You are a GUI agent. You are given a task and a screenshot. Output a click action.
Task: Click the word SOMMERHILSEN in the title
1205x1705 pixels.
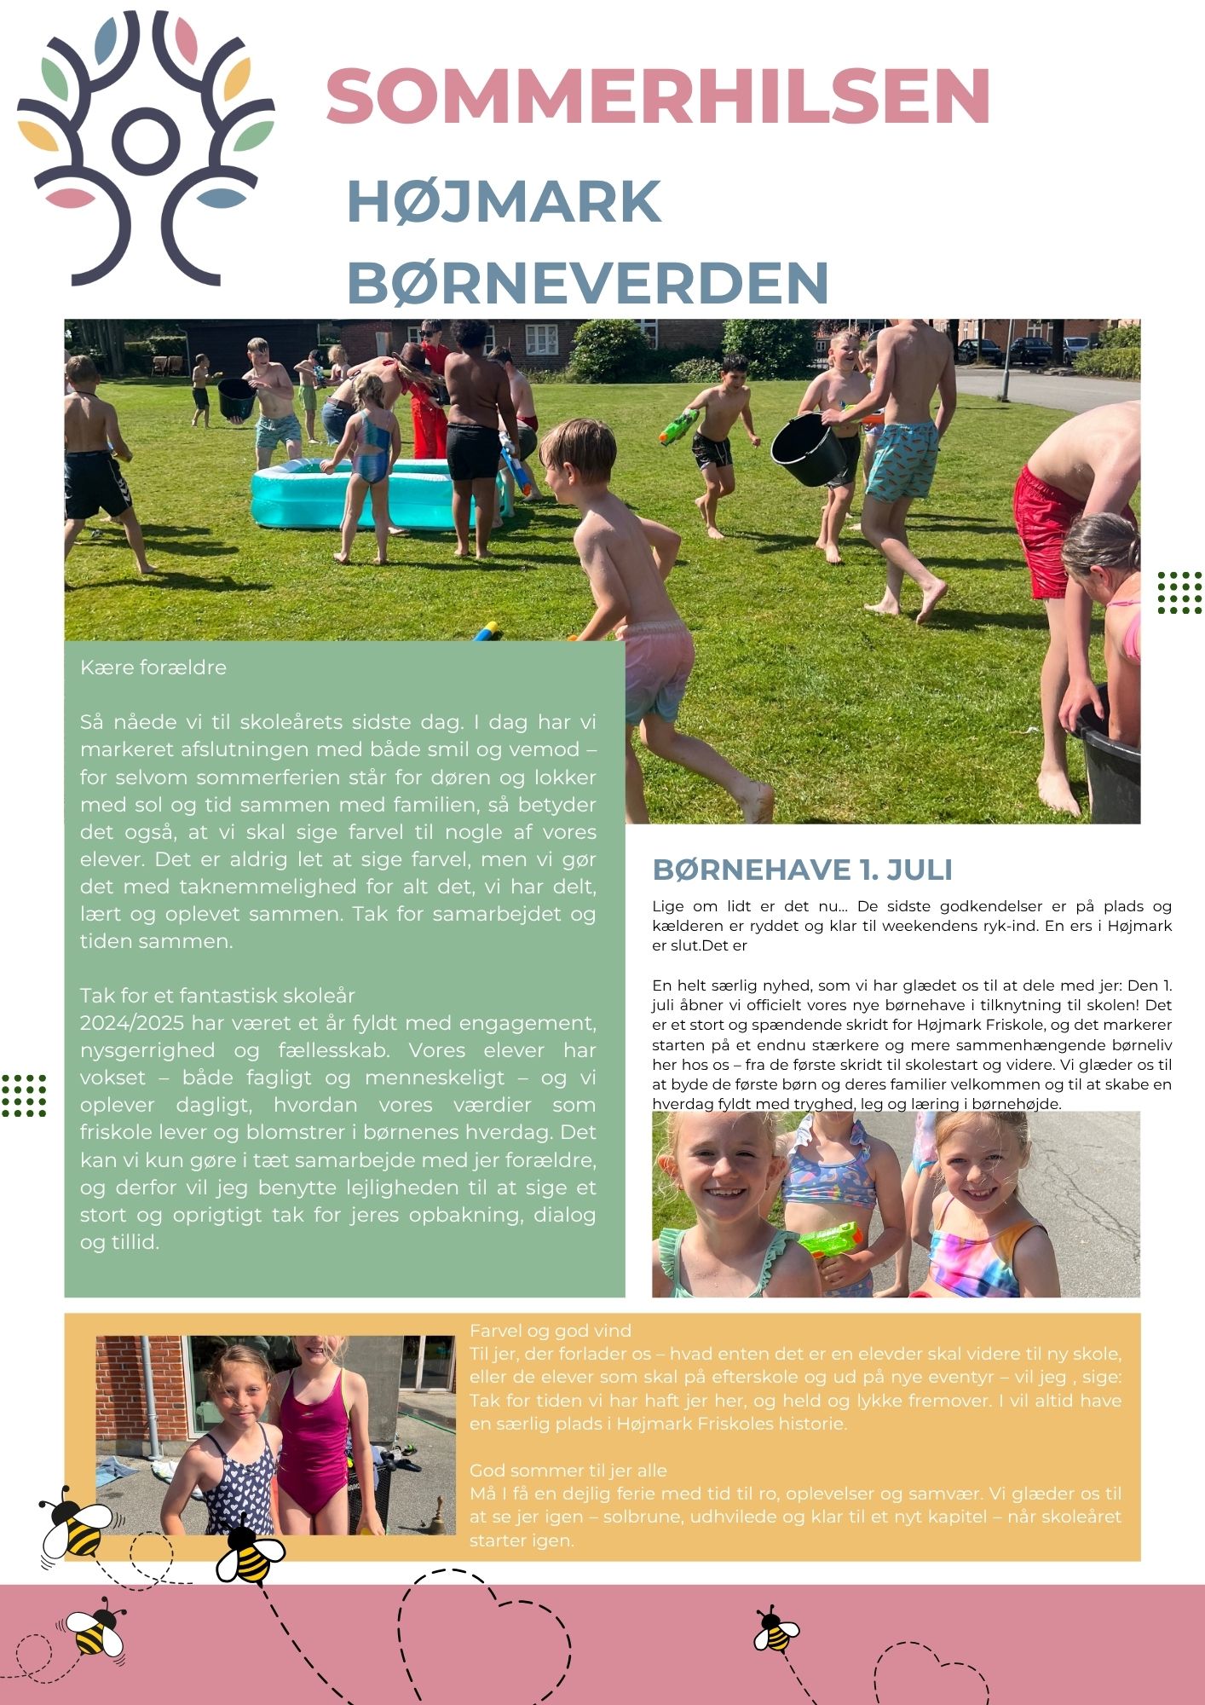(657, 95)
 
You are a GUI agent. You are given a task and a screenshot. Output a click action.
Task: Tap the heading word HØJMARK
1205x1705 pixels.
(504, 201)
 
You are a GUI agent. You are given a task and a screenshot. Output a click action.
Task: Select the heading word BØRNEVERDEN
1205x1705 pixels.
(588, 283)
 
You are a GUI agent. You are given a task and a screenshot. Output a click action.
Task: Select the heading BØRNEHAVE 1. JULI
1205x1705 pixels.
(803, 870)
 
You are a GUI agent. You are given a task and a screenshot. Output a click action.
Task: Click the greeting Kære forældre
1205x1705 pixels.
(153, 668)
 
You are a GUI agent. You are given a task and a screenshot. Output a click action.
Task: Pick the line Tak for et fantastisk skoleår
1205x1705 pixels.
(217, 996)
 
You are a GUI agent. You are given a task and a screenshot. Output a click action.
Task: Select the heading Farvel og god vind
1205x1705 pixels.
(551, 1331)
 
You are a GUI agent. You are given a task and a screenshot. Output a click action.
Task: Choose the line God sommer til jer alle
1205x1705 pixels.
(568, 1471)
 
